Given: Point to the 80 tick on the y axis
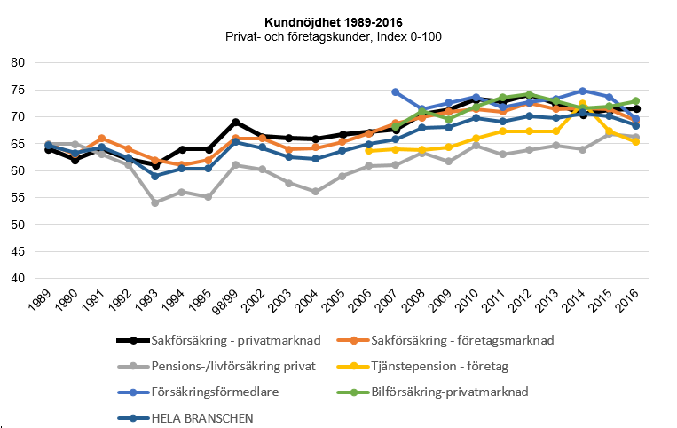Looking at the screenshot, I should pos(17,63).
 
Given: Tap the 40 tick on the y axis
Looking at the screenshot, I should pos(17,278).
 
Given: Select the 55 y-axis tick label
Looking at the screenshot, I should pos(17,197).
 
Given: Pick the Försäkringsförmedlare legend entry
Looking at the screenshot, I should pos(213,392).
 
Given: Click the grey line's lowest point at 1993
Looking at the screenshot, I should pos(155,202).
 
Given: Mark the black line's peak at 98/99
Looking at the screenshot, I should pos(235,122).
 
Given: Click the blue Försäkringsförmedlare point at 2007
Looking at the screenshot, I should pos(396,91).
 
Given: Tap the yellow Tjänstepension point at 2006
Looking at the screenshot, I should pos(369,150).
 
